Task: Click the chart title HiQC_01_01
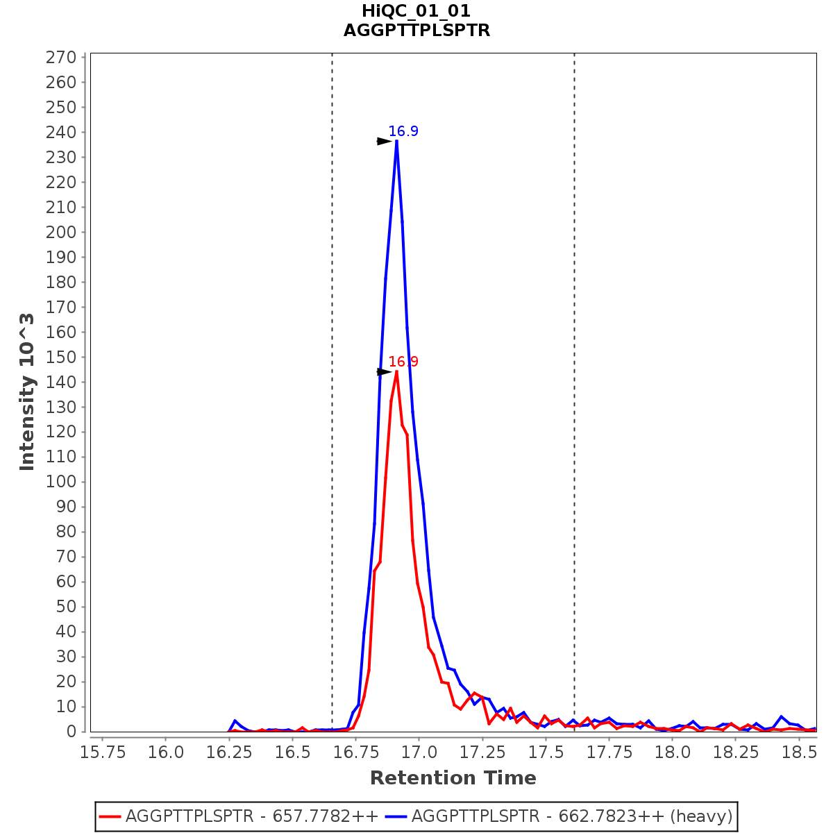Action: tap(416, 11)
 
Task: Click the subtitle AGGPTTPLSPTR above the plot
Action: tap(416, 31)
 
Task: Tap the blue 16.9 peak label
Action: tap(403, 131)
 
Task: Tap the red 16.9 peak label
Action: tap(403, 362)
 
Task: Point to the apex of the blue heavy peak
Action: tap(396, 141)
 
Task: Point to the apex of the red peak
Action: tap(396, 372)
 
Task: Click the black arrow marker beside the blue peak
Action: tap(385, 142)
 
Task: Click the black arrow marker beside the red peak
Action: tap(385, 372)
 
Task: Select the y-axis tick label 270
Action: tap(60, 58)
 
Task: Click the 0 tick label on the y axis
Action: tap(71, 732)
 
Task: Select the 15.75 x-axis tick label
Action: tap(103, 752)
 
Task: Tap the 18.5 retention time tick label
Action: tap(798, 752)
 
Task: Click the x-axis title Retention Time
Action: tap(453, 778)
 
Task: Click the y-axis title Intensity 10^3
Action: tap(27, 392)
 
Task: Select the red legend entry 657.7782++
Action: tap(239, 816)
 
